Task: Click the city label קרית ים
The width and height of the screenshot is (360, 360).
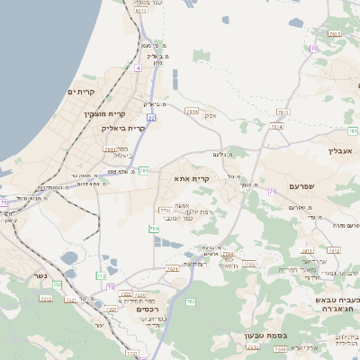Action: tap(81, 92)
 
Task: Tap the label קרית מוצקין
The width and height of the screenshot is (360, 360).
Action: tap(101, 113)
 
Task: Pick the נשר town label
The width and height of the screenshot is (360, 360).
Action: tap(38, 275)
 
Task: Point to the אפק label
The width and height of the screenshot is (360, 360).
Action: tap(210, 114)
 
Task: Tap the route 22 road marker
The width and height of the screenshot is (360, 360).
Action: tap(151, 117)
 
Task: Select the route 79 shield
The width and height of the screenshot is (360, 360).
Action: tap(271, 191)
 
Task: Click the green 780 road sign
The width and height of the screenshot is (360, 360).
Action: tap(154, 229)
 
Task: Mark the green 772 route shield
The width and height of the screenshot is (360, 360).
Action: tap(101, 276)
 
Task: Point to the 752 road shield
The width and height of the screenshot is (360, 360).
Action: tap(57, 285)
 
